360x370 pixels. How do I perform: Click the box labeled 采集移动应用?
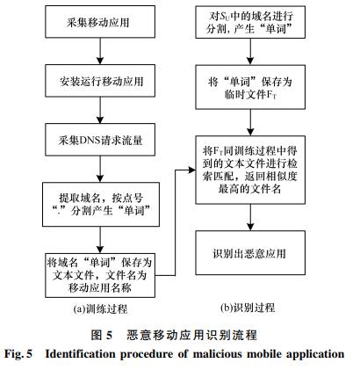pos(100,22)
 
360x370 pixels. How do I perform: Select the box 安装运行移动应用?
pos(100,81)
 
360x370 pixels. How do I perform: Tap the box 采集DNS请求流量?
pos(100,140)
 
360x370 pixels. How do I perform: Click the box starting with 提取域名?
pos(101,205)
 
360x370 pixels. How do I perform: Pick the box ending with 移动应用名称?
pos(100,275)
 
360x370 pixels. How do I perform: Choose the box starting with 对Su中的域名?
pos(250,22)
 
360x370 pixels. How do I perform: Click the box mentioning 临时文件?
pos(250,87)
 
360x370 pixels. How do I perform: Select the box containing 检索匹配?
pos(250,170)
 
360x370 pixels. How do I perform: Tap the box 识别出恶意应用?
pos(250,253)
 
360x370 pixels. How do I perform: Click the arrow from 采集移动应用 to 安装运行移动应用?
pos(100,51)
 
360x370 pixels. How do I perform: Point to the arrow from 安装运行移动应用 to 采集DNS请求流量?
pos(100,110)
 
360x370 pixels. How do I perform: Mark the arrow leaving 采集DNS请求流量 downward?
pos(100,169)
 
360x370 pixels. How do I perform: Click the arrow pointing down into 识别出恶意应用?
pos(250,217)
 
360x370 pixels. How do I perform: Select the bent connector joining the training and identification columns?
pos(176,222)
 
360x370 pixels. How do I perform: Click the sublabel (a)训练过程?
pos(100,308)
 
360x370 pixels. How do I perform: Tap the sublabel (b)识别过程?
pos(248,308)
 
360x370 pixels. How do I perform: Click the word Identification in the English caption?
pos(80,354)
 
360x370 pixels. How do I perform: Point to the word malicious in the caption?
pos(217,354)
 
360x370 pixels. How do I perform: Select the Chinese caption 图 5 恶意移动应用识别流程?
pos(174,335)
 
